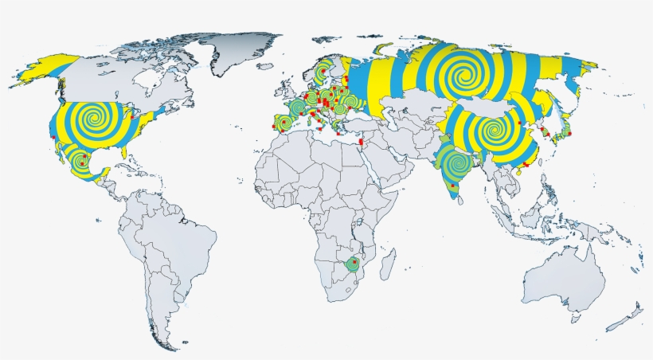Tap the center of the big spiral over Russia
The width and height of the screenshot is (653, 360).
coord(459,76)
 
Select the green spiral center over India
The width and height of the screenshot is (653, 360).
coord(456,165)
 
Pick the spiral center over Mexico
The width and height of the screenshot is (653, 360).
coord(80,163)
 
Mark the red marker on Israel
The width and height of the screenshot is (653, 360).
coord(362,143)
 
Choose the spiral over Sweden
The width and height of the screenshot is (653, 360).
coord(322,73)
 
